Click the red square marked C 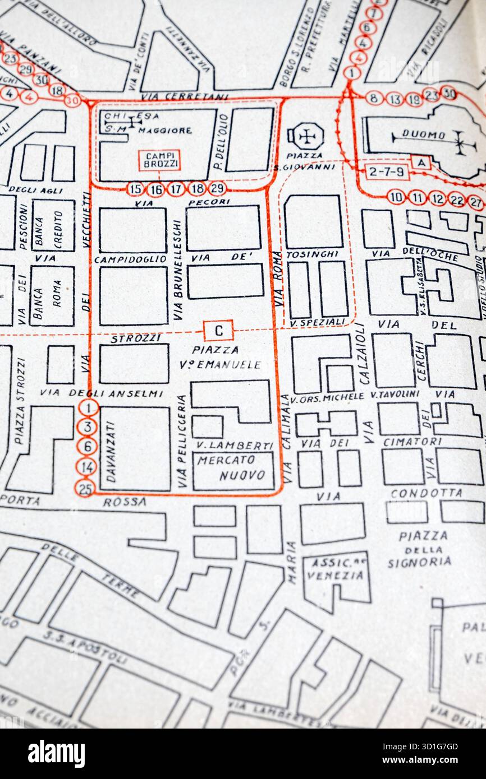click(219, 331)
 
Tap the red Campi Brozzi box click(159, 160)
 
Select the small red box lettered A click(421, 162)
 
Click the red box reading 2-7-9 click(387, 171)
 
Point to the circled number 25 click(85, 488)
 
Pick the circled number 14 click(86, 466)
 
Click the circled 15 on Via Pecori click(135, 189)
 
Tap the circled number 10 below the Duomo click(396, 197)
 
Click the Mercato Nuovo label click(234, 467)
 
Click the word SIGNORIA click(419, 562)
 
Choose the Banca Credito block click(53, 225)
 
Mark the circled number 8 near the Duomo click(374, 98)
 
